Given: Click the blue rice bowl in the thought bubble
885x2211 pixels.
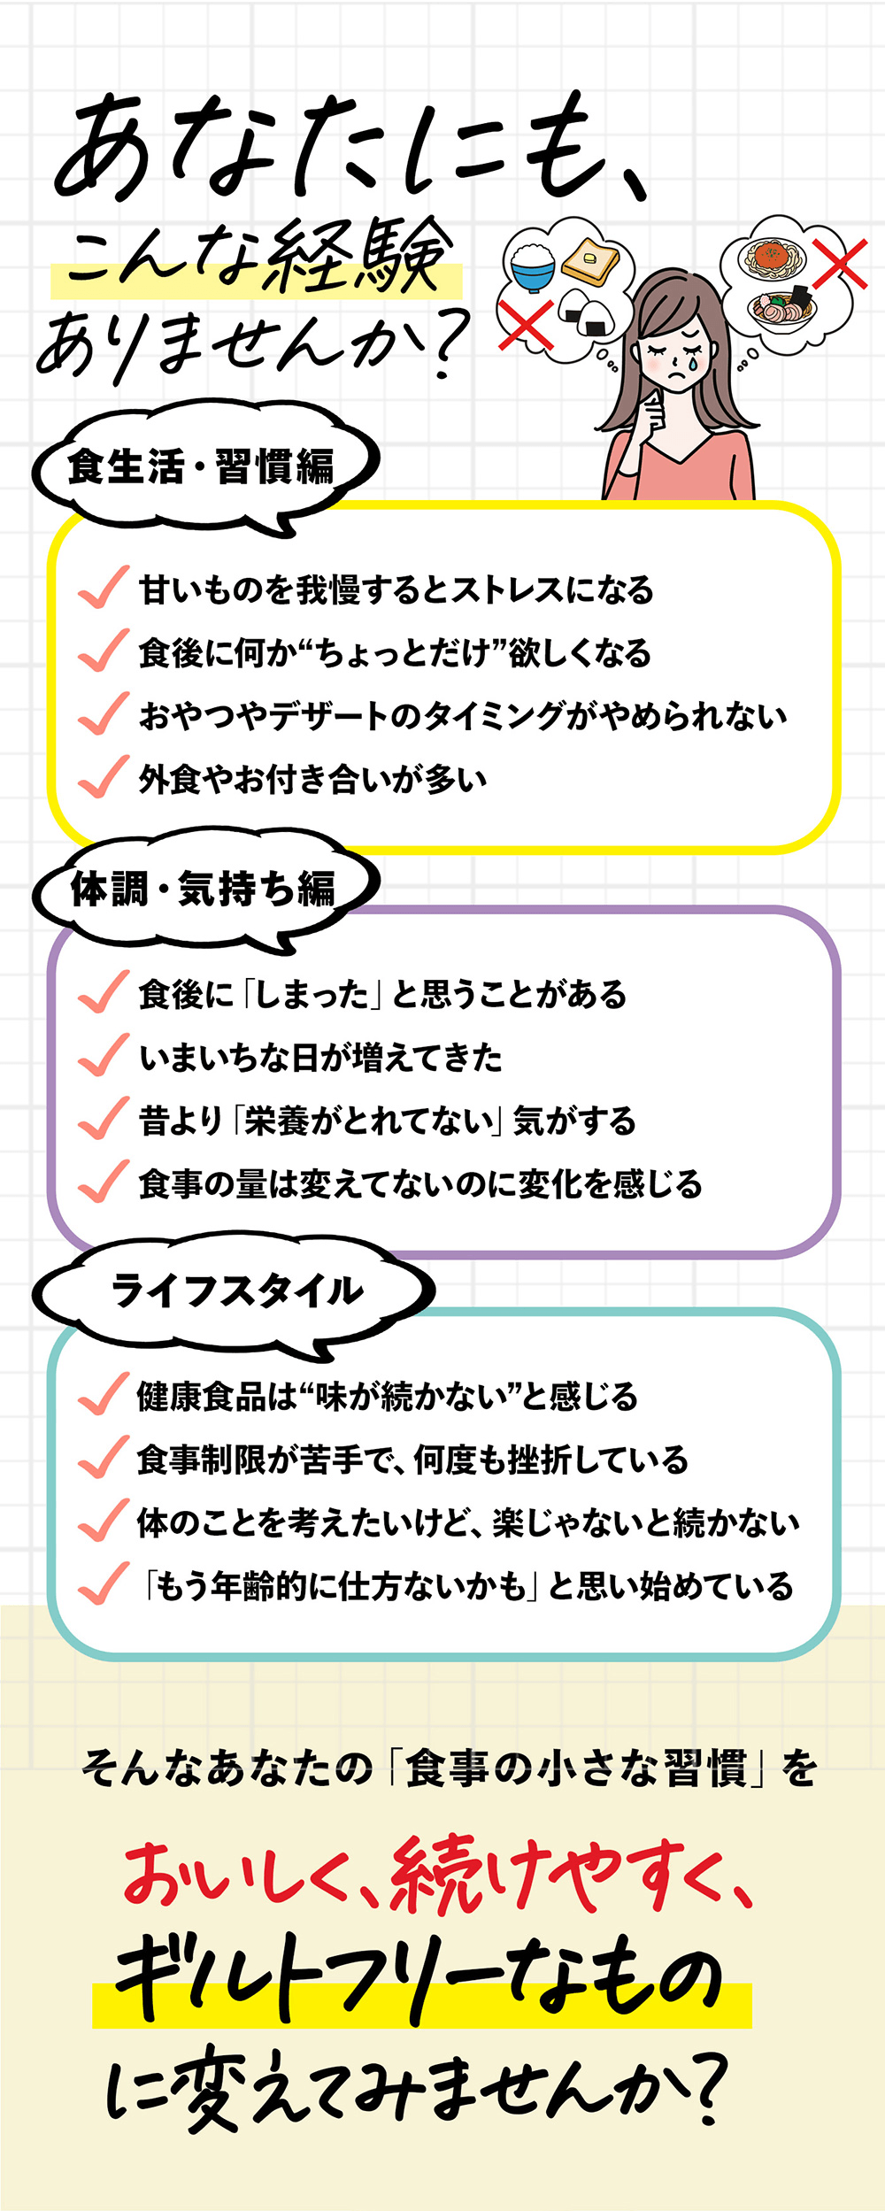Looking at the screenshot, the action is (x=533, y=266).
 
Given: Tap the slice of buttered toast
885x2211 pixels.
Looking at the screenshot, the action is (x=590, y=260).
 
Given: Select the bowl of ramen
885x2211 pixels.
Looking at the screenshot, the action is (x=781, y=308).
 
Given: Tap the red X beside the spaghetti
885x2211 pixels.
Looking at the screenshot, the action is (x=839, y=263).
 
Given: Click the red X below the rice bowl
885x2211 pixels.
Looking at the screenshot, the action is (x=526, y=324).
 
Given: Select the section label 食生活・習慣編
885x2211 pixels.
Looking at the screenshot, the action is (x=202, y=466).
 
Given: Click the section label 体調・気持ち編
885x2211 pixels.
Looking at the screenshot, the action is (x=203, y=888).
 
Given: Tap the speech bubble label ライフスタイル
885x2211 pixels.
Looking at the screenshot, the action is (x=236, y=1290).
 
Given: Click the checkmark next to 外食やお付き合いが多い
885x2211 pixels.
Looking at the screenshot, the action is (x=104, y=776).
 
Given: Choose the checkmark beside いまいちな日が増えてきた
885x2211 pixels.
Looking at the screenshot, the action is (x=104, y=1054).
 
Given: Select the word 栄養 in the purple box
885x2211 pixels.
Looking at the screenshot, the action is (x=276, y=1121).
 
